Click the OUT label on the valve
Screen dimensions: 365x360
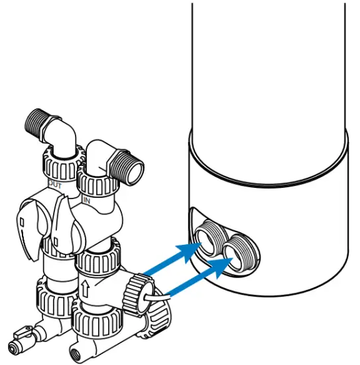(54, 186)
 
